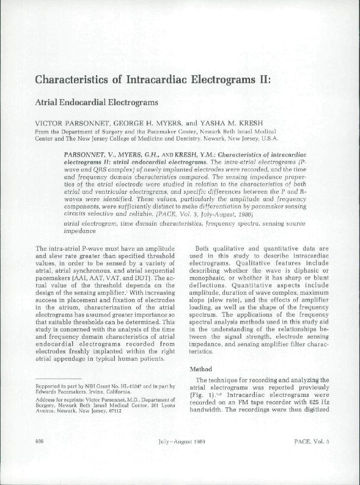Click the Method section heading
click(201, 369)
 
